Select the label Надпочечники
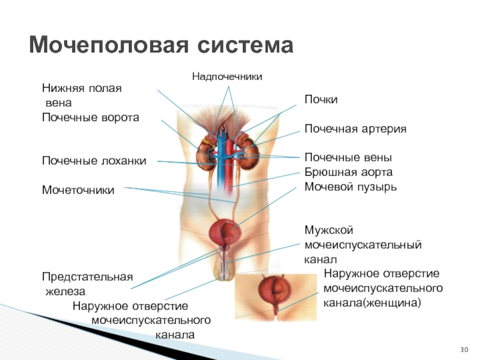click(227, 76)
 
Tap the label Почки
click(321, 99)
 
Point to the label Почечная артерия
click(355, 129)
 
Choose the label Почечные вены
click(348, 157)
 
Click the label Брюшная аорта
click(348, 172)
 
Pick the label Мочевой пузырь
click(350, 186)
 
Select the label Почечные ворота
click(90, 117)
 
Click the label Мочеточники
click(78, 190)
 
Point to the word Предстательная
click(87, 277)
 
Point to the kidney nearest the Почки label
click(246, 150)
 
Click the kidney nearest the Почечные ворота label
click(207, 153)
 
